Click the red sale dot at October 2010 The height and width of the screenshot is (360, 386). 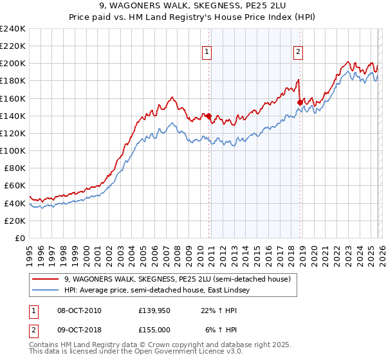pos(208,116)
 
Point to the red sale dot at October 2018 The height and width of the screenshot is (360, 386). pos(300,102)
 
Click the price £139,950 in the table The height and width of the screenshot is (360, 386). pos(153,310)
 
